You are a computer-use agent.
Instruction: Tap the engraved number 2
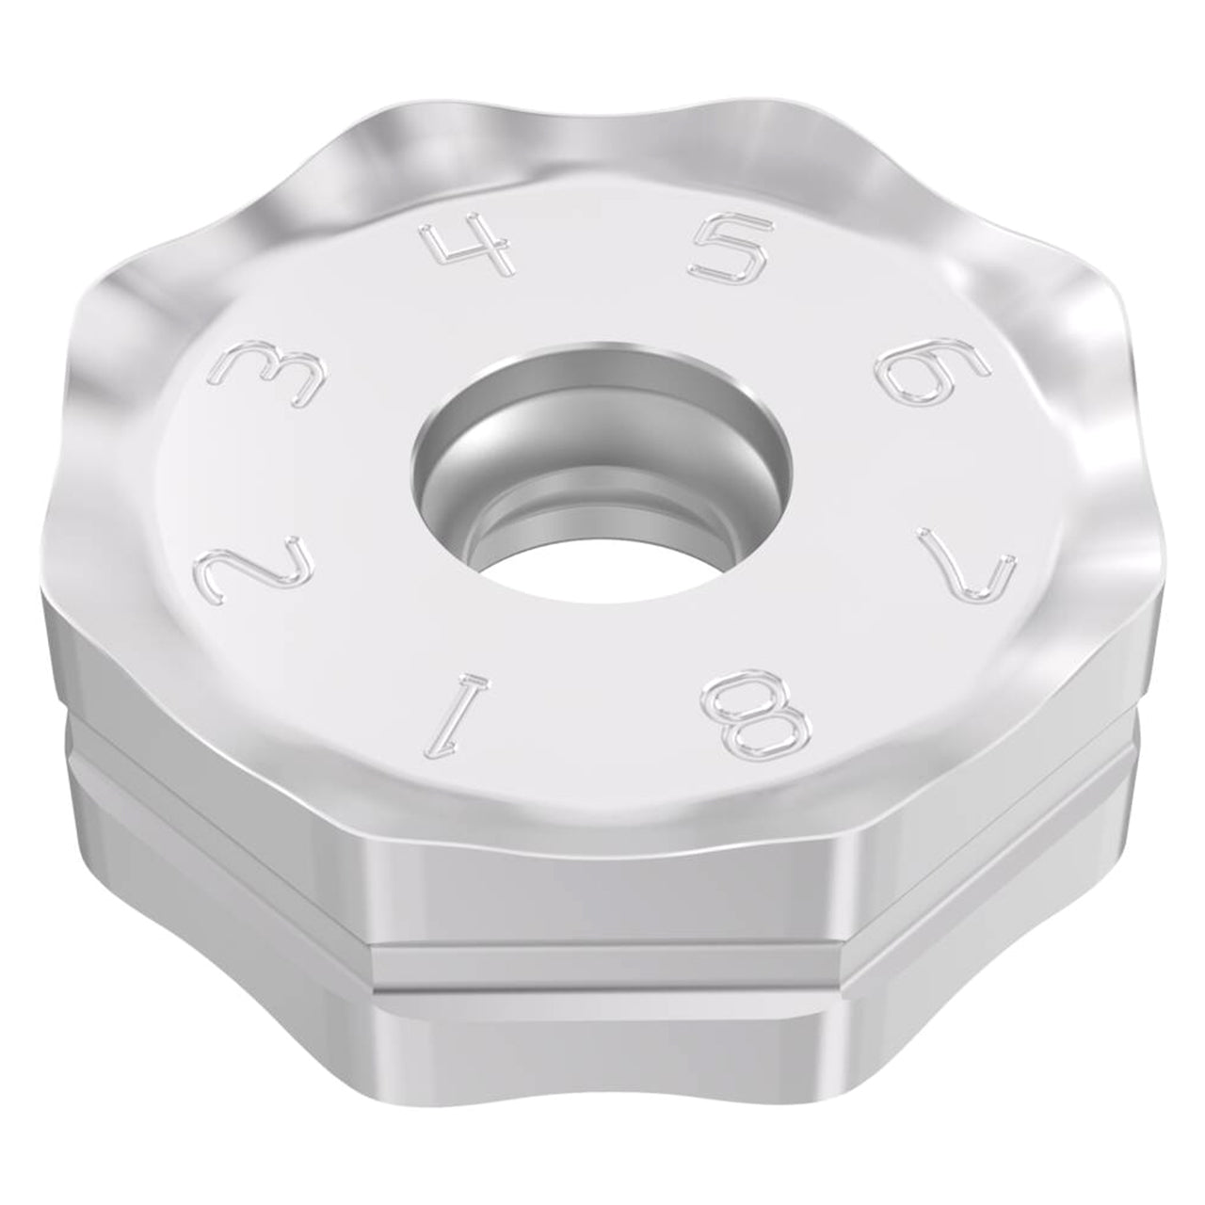(x=254, y=555)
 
